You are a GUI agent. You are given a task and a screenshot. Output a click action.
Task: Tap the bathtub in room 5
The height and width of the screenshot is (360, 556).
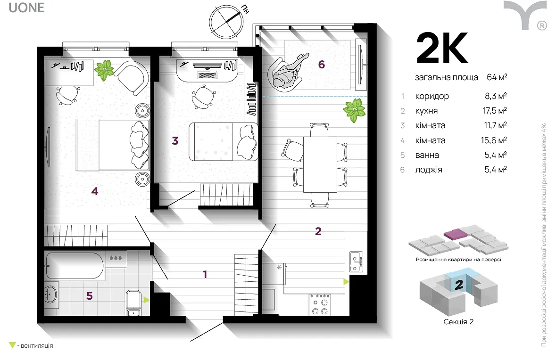tap(75, 266)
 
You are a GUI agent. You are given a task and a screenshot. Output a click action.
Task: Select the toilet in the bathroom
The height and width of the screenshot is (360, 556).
tap(133, 303)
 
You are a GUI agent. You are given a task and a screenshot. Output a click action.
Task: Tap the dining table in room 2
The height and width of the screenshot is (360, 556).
tap(320, 164)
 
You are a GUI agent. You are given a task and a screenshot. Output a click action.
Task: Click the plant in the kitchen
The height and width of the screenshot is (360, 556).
tap(355, 110)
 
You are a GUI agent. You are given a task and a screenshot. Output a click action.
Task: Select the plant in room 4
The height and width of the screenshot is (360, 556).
tap(105, 70)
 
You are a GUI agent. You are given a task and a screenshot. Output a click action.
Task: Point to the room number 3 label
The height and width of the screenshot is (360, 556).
tap(175, 141)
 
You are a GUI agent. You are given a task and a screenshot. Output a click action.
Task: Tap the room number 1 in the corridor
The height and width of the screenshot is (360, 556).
tap(205, 274)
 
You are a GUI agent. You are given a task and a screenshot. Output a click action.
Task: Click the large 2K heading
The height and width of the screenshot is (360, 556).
tap(442, 49)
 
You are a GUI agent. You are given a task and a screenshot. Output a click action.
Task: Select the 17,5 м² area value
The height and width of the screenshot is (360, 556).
tap(495, 111)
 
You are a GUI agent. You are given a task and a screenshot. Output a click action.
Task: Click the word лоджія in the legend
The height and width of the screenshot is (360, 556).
tap(429, 170)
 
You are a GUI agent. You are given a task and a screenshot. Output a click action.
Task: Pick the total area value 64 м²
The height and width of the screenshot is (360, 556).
tap(497, 77)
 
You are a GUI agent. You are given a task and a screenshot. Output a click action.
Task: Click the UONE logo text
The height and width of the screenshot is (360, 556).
tap(26, 8)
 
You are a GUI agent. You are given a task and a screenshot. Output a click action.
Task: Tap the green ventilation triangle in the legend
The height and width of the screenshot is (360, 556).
tap(12, 345)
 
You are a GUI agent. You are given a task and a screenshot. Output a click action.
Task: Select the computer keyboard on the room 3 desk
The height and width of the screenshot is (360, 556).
tap(207, 75)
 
